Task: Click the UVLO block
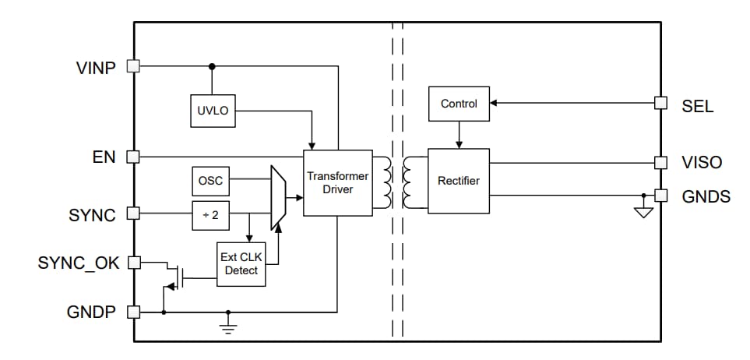212,111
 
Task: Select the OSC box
210,181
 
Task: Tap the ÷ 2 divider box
210,215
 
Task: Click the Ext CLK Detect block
241,263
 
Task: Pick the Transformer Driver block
337,182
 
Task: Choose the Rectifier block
458,181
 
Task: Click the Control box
458,104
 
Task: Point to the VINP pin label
97,68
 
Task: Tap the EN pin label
104,157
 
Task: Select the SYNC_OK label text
79,263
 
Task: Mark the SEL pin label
697,107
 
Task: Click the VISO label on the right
702,163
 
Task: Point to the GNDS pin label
706,196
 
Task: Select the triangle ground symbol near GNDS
643,211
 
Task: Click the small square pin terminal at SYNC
132,213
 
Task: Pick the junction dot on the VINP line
212,66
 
